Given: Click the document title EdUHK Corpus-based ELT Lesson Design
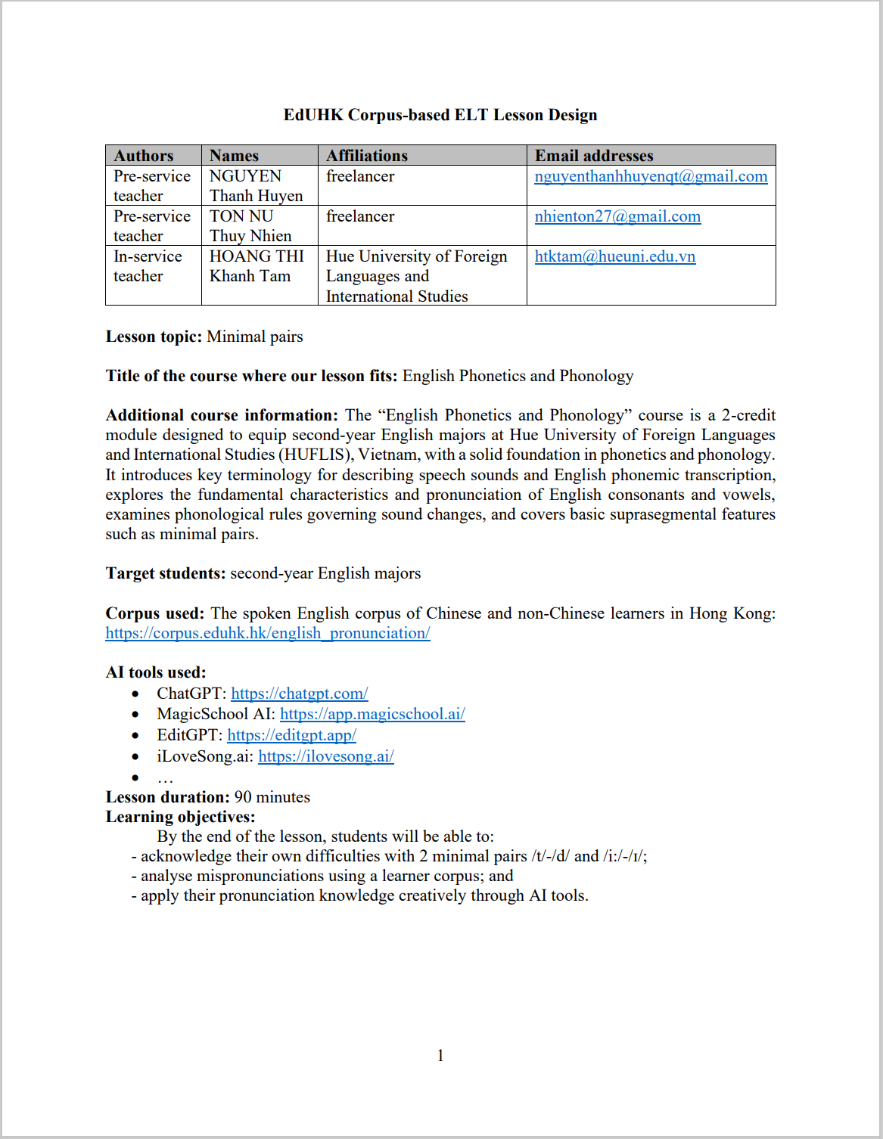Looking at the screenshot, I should click(440, 115).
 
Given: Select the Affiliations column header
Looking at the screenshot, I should click(367, 156).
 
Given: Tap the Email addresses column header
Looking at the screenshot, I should click(594, 156).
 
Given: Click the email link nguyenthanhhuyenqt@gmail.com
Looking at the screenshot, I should click(651, 176).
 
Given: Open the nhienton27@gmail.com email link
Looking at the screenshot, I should click(617, 216).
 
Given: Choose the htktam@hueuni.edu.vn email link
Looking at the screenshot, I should click(614, 256).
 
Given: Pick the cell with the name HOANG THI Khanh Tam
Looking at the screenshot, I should click(257, 266).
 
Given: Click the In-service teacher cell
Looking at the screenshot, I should click(148, 266).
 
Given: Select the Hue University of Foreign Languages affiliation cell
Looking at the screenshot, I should click(416, 276).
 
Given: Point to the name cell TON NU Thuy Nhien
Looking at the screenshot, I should click(250, 226).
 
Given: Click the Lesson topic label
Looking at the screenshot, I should click(154, 337).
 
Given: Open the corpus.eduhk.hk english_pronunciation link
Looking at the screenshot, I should click(268, 633).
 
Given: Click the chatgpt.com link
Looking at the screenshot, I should click(299, 694).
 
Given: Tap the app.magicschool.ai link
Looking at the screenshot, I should click(372, 714).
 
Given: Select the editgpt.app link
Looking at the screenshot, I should click(291, 735).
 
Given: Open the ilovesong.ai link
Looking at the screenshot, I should click(325, 756).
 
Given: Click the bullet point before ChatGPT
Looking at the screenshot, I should click(135, 694).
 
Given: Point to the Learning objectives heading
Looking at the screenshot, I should click(180, 817).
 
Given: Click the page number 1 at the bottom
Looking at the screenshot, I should click(440, 1056).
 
